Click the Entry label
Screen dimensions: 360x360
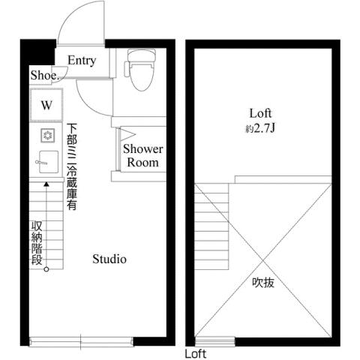click(x=81, y=60)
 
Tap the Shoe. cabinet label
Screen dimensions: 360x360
click(x=44, y=75)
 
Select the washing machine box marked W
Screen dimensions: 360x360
click(x=46, y=105)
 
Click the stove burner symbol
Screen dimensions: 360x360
click(x=46, y=136)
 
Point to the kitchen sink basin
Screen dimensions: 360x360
click(x=47, y=160)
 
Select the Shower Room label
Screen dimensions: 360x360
click(x=142, y=155)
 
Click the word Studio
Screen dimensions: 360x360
click(x=109, y=259)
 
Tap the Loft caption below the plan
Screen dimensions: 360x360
click(x=196, y=353)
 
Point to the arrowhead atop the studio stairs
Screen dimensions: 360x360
click(x=46, y=182)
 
